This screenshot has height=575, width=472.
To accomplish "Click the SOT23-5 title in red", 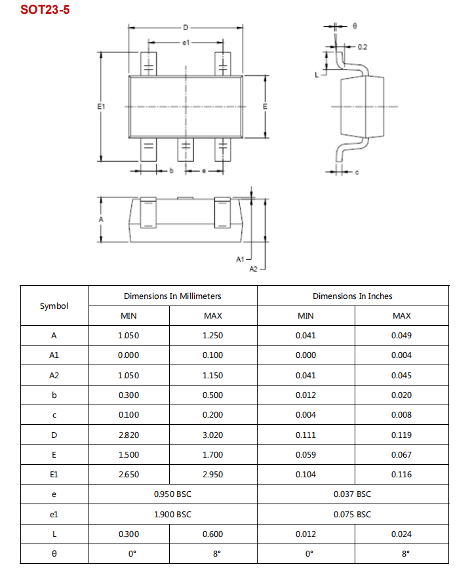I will (x=45, y=11).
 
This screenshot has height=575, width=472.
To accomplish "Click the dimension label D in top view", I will (x=186, y=28).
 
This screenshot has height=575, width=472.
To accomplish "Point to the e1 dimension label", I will (x=186, y=43).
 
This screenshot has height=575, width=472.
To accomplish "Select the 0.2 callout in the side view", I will (x=363, y=47).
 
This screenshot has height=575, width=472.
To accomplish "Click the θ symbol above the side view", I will (x=355, y=26).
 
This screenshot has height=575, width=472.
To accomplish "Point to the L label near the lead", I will (x=317, y=75).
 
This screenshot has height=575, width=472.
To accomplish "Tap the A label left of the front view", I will (x=101, y=220).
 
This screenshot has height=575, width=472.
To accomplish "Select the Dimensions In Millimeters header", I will (x=172, y=296).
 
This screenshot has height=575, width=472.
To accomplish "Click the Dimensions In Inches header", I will (x=353, y=296).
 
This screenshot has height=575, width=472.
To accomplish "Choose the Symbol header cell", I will (x=54, y=306).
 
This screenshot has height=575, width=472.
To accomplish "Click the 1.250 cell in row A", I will (x=213, y=336).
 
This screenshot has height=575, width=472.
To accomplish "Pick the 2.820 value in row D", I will (x=128, y=435).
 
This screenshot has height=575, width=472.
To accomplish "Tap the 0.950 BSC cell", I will (x=172, y=494).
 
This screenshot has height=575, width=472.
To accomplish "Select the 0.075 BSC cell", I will (x=352, y=514).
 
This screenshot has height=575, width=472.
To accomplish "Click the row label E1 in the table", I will (x=54, y=475).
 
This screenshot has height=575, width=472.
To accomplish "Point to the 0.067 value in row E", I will (x=401, y=454).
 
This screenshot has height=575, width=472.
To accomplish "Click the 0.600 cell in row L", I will (x=213, y=534).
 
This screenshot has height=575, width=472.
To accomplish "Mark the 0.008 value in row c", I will (x=401, y=415).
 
